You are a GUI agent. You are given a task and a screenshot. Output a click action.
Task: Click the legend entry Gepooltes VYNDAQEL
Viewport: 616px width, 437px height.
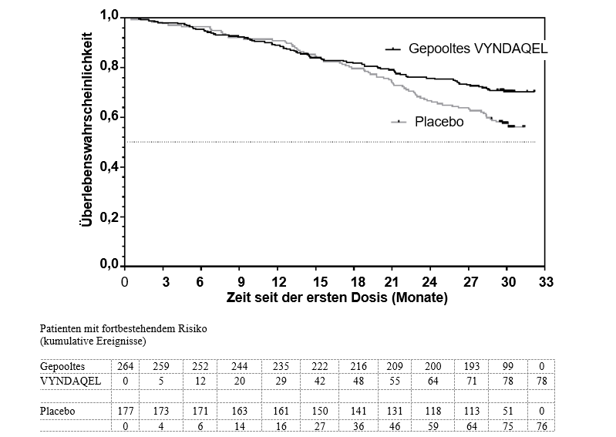tap(478, 49)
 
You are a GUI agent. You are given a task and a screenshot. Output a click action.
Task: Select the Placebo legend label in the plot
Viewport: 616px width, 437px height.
tap(439, 122)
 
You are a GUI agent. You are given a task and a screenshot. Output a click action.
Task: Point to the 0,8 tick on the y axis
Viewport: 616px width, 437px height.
tap(109, 66)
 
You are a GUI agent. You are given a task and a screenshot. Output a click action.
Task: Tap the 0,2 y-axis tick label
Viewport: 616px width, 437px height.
tap(109, 217)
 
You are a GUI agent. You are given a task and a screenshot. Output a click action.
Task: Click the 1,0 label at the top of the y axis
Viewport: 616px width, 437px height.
tap(109, 15)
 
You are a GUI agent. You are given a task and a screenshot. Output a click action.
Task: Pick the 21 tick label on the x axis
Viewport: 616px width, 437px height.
tap(392, 282)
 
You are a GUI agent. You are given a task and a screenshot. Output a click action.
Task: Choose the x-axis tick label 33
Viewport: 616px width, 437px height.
tap(546, 282)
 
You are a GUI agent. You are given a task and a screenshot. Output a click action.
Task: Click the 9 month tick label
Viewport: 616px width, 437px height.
tap(241, 282)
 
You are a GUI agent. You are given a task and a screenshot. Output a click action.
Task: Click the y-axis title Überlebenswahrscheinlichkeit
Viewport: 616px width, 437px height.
tap(86, 129)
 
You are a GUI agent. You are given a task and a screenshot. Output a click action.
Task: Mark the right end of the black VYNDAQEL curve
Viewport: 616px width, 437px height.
tap(534, 91)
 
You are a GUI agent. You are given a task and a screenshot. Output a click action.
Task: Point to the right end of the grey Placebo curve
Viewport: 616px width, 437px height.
tap(524, 126)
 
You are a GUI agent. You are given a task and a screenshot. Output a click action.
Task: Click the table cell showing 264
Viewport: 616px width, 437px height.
tap(126, 366)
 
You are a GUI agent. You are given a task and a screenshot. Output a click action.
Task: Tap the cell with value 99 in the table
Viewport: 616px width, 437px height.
tap(507, 366)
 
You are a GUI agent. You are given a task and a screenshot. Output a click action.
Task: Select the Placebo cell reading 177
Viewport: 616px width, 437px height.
tap(126, 411)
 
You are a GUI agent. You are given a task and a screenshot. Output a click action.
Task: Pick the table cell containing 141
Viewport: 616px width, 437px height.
tap(358, 411)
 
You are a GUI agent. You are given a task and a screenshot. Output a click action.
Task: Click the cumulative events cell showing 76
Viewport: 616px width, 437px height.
tap(541, 426)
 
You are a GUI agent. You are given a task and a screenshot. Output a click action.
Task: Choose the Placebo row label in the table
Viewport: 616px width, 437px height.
tap(57, 411)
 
